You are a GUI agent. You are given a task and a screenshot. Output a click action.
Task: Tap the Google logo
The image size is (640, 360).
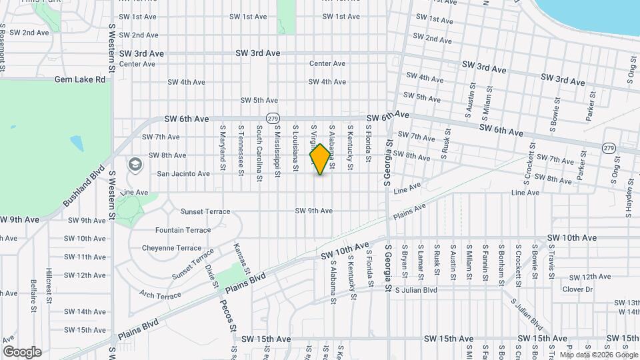[x=22, y=352]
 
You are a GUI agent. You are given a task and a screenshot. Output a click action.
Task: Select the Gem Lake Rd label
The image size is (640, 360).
[x=80, y=79]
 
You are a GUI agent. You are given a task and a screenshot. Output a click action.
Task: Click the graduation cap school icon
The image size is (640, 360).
[x=135, y=164]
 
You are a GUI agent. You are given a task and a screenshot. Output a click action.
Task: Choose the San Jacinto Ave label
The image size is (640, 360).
[x=183, y=173]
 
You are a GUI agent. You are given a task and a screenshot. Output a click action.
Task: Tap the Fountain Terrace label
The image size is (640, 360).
[x=183, y=230]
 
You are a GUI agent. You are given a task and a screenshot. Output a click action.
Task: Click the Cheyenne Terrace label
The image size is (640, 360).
[x=171, y=248]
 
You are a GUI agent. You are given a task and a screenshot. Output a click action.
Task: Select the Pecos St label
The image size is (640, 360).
[x=227, y=314]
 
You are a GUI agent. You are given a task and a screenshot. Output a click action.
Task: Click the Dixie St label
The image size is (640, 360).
[x=211, y=275]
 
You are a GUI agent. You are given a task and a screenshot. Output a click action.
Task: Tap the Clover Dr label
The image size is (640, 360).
[x=577, y=289]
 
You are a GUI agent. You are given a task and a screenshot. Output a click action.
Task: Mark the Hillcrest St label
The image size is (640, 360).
[x=49, y=286]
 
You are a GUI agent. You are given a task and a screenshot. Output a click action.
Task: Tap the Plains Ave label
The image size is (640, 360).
[x=408, y=213]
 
